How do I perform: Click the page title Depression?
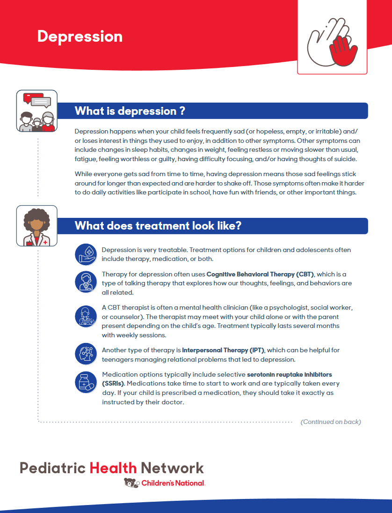point(80,37)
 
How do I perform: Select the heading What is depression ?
point(130,111)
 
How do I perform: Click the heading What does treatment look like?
point(158,226)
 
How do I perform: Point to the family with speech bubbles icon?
point(37,111)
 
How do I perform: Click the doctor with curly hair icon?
point(37,226)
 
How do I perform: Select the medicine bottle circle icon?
point(86,383)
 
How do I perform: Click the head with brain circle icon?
point(86,354)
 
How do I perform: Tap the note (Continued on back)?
point(330,422)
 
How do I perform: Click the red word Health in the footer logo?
point(113,468)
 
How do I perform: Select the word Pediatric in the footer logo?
point(52,468)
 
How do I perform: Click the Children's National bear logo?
point(131,483)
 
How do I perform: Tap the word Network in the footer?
point(172,468)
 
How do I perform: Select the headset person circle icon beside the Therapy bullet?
point(86,282)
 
